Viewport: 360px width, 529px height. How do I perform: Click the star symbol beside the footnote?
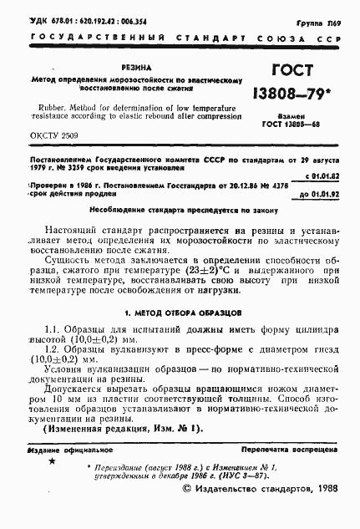[x=53, y=461]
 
